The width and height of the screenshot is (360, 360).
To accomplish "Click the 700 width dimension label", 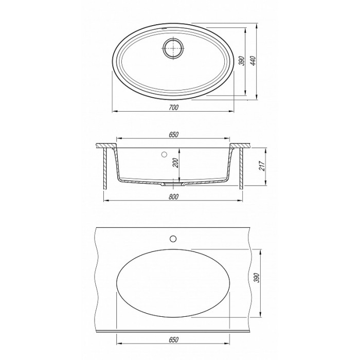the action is click(174, 107).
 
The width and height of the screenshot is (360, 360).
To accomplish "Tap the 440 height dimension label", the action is click(253, 61).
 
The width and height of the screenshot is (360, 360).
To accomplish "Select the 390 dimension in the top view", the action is click(242, 61).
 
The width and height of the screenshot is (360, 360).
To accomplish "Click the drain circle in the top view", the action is click(173, 48).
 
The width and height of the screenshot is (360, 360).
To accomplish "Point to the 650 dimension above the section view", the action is click(174, 135).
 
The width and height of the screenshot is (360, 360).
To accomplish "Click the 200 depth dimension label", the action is click(176, 163).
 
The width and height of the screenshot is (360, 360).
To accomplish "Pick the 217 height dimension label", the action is click(262, 166).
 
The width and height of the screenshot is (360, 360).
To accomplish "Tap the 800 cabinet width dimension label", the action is click(174, 197).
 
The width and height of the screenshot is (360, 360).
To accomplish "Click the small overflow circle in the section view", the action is click(164, 154).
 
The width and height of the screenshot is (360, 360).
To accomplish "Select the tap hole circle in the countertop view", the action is click(173, 239).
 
